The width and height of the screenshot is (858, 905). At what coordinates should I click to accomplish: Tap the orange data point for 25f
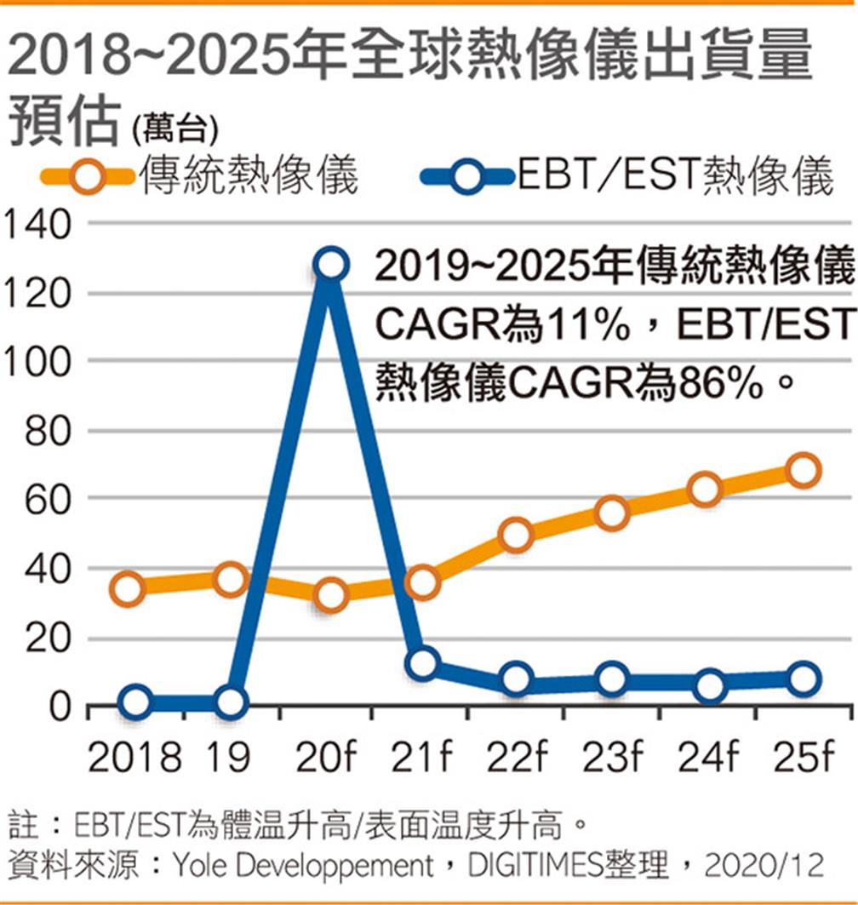pyautogui.click(x=803, y=470)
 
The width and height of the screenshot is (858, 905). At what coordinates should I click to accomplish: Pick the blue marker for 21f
pyautogui.click(x=422, y=663)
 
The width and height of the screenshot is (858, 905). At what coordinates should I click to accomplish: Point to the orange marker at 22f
pyautogui.click(x=517, y=536)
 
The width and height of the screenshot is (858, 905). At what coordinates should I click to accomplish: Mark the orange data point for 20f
pyautogui.click(x=329, y=594)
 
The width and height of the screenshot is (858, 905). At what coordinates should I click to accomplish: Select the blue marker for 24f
pyautogui.click(x=708, y=685)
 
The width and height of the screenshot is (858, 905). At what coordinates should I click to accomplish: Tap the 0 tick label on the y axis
pyautogui.click(x=58, y=707)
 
